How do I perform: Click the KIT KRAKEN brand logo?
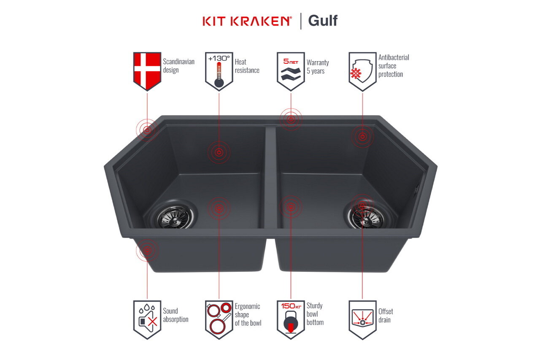tap(247, 21)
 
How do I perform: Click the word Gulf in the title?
tap(323, 20)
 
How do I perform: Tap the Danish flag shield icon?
tap(147, 70)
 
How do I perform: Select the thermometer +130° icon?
tap(219, 70)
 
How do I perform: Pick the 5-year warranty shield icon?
tap(291, 70)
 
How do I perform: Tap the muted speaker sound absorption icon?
tap(147, 319)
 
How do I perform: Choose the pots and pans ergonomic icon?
tap(219, 319)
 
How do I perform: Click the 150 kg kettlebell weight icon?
tap(291, 319)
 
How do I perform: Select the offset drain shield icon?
tap(362, 319)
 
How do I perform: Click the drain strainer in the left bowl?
tap(176, 216)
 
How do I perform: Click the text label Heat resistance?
tap(247, 66)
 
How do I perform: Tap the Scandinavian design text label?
tap(178, 66)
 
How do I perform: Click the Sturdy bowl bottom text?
tap(315, 314)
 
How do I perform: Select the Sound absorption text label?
tap(175, 315)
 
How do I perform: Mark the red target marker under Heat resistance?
tap(219, 152)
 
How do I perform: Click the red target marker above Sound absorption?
tap(147, 251)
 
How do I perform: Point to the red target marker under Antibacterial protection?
tap(362, 136)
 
